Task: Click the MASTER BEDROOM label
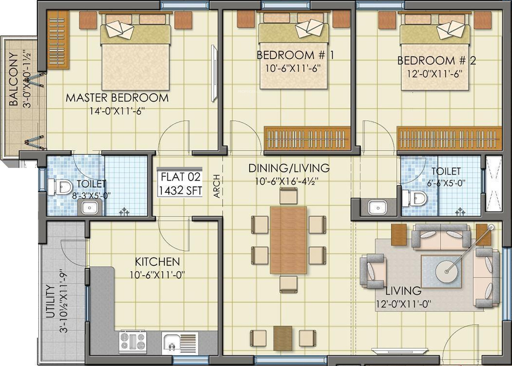tap(117, 98)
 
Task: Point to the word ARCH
tap(217, 186)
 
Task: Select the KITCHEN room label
tap(157, 262)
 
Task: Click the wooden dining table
tap(288, 240)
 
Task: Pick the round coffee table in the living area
tap(447, 272)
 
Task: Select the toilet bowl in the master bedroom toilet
tap(60, 187)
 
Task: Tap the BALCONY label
tap(14, 79)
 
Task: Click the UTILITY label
tap(50, 301)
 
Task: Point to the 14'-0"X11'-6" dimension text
tap(117, 111)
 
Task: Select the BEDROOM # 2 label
tap(437, 60)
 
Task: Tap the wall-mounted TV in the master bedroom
tap(214, 73)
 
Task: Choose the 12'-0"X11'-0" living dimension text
tap(404, 304)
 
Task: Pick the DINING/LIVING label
tap(289, 168)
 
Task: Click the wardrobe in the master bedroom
tap(58, 39)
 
